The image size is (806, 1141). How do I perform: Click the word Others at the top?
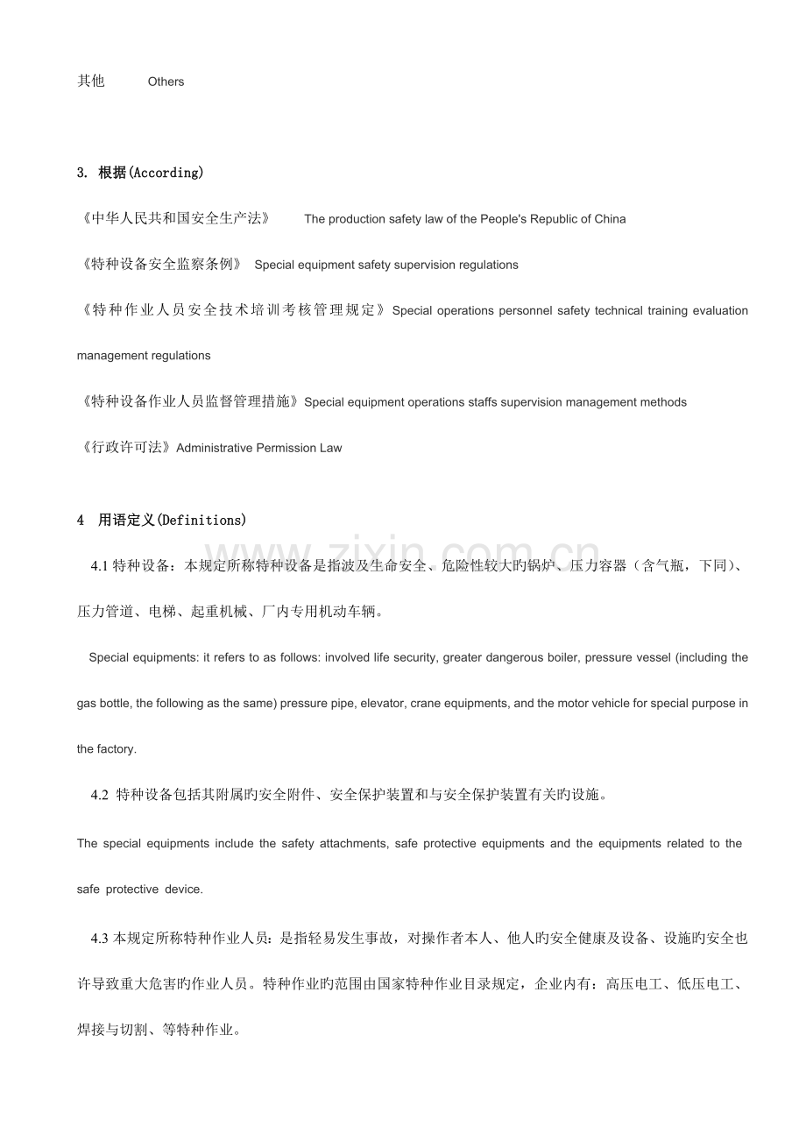pos(166,81)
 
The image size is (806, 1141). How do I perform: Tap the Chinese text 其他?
pos(91,81)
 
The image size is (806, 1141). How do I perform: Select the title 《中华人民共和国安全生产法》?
pos(175,218)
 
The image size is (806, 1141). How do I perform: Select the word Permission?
pos(283,448)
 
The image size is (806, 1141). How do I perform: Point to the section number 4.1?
pos(99,566)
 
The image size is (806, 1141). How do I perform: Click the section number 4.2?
pos(99,796)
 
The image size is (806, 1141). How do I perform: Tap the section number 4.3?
pos(99,939)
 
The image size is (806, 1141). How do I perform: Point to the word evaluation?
pos(720,310)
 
